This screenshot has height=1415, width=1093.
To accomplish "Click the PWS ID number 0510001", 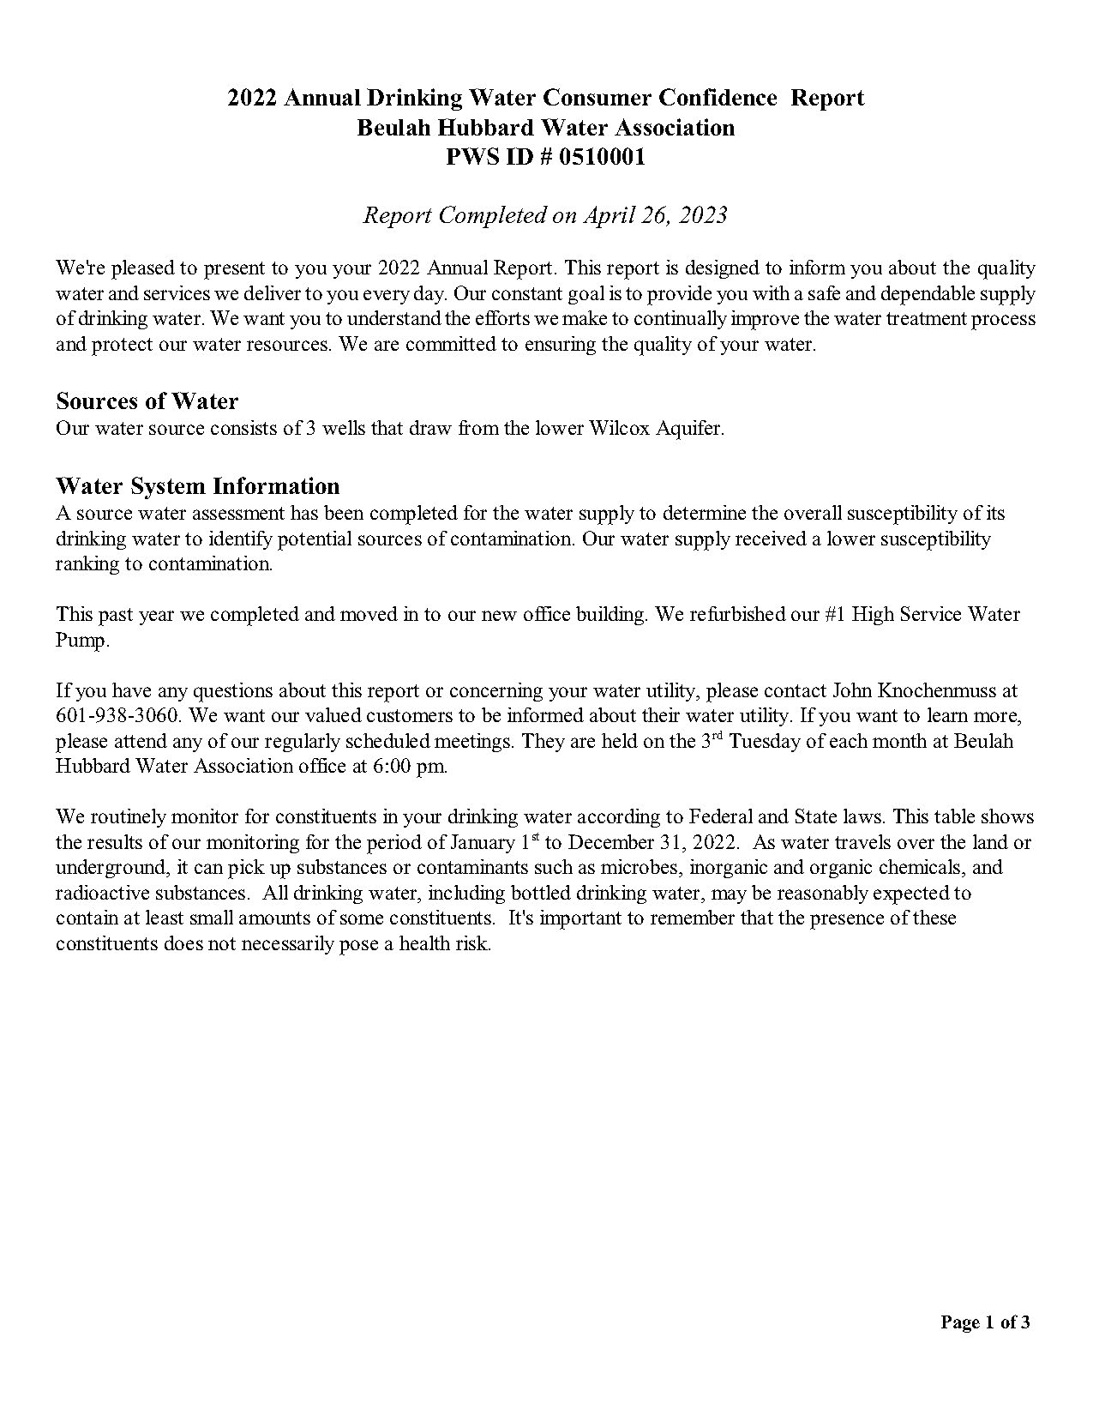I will tap(602, 158).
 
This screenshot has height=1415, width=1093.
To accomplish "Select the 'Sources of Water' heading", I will tap(147, 401).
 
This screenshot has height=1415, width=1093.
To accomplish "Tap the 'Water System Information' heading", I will tap(197, 486).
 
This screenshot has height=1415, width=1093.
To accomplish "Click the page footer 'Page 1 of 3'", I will tap(985, 1322).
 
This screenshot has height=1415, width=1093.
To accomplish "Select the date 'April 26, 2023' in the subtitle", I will tap(655, 214).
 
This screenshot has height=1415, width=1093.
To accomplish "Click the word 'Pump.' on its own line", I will tap(82, 640).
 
